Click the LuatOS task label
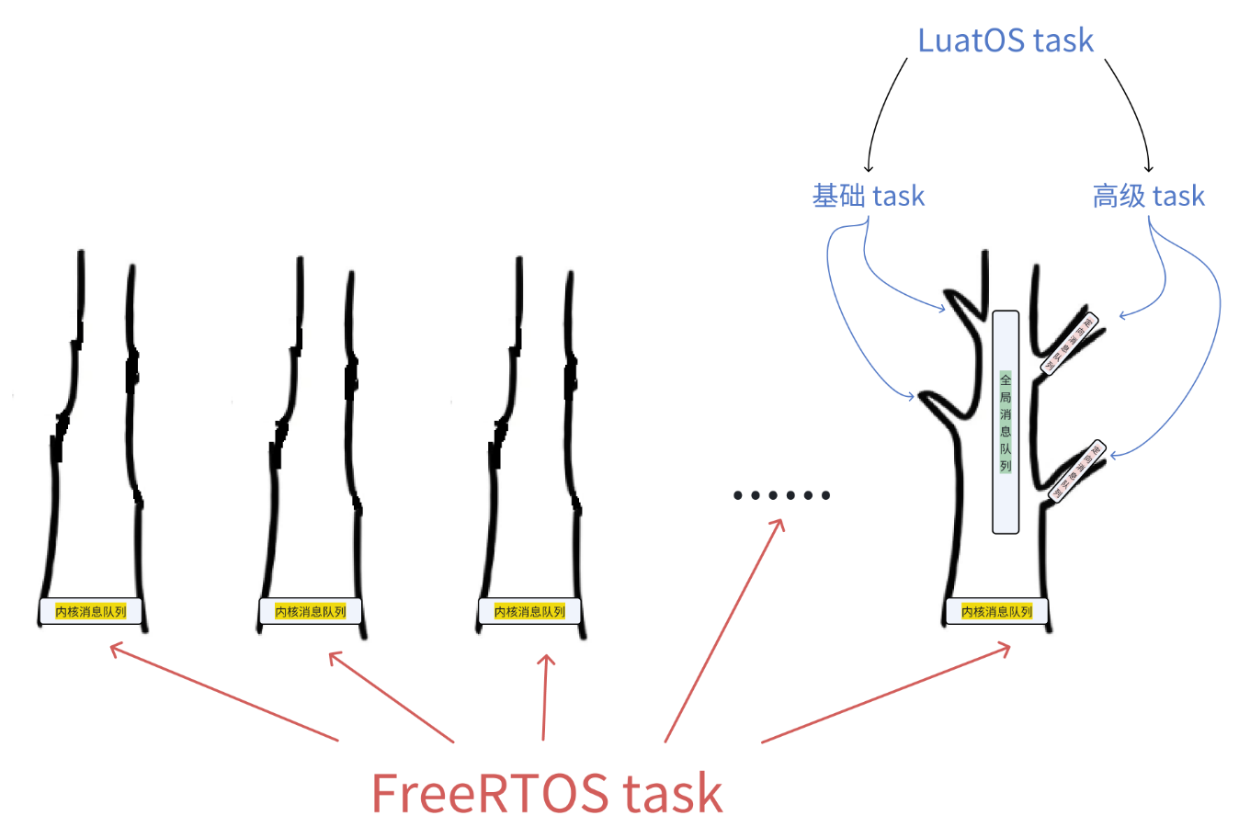[x=1006, y=40]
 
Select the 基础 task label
[x=868, y=196]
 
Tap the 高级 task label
[x=1148, y=196]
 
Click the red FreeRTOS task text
[x=547, y=793]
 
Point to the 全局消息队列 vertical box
[x=1006, y=422]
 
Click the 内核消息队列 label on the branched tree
[x=996, y=611]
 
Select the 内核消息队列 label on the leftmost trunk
[x=90, y=611]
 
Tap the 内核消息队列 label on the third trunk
[x=529, y=611]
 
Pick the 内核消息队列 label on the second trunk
[x=310, y=611]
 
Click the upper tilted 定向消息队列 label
[x=1069, y=345]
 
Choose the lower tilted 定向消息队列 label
[x=1076, y=471]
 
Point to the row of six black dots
[x=782, y=495]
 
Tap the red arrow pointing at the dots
[x=723, y=630]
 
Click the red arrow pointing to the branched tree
[x=885, y=695]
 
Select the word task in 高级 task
[x=1178, y=196]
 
